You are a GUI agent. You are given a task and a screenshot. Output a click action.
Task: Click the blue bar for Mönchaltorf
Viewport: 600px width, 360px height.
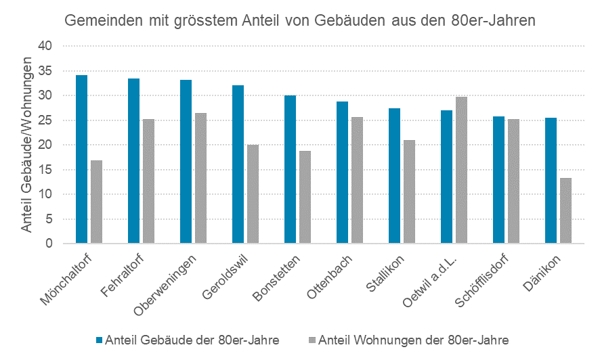[x=81, y=159]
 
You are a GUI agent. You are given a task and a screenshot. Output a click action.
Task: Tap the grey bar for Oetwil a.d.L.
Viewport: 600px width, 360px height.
[x=461, y=170]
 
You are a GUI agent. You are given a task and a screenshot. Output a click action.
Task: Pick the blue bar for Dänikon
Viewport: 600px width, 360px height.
[x=551, y=181]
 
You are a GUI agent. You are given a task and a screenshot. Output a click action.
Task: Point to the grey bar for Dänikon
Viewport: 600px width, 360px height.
[x=565, y=210]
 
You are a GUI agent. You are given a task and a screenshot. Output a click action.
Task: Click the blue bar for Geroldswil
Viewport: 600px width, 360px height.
[x=238, y=164]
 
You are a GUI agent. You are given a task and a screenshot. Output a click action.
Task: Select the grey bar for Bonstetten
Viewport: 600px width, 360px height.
[x=305, y=197]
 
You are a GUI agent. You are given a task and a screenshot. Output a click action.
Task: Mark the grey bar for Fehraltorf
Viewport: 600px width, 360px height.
[x=148, y=181]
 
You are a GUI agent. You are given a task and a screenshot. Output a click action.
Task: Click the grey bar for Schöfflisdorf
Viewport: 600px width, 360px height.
[x=513, y=181]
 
